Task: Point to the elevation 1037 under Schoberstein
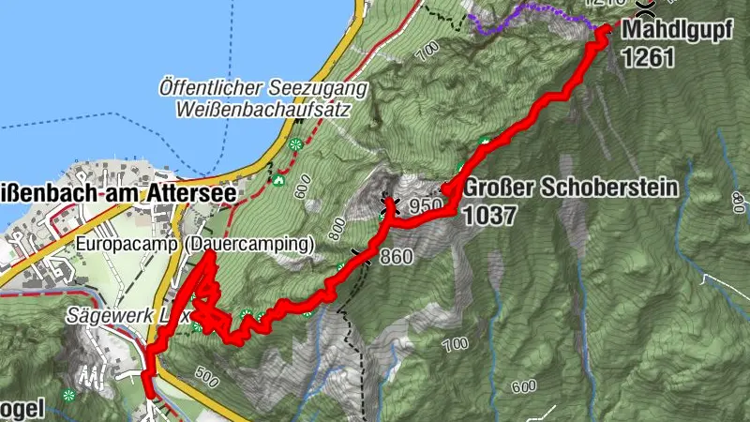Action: click(x=488, y=215)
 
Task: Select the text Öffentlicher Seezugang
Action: click(x=263, y=89)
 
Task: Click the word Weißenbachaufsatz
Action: click(x=263, y=109)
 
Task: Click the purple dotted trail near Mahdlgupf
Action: click(x=525, y=11)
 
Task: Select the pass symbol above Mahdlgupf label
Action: click(x=645, y=8)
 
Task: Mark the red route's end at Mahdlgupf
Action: click(x=601, y=30)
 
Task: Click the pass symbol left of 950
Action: click(x=389, y=202)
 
